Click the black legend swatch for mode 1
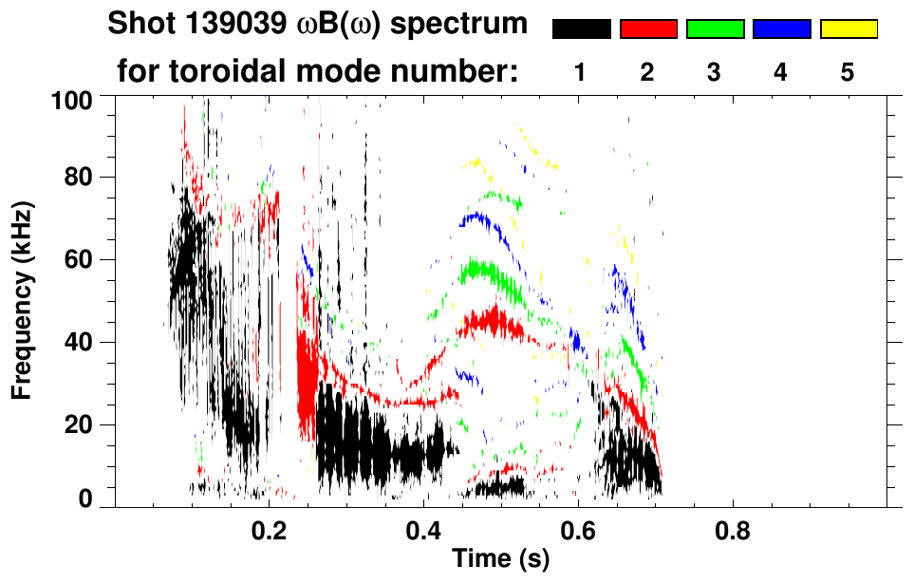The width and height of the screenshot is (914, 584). pos(582,29)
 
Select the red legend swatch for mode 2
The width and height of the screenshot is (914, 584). pos(648,29)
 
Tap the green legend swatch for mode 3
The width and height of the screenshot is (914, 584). pos(715,29)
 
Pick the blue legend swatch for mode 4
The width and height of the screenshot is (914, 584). pos(781,29)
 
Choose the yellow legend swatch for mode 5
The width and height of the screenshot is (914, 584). pos(848,29)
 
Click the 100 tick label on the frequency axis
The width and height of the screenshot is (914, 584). pos(74,99)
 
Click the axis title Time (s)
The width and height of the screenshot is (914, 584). pos(500,559)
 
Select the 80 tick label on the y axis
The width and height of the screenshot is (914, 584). pos(80,178)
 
